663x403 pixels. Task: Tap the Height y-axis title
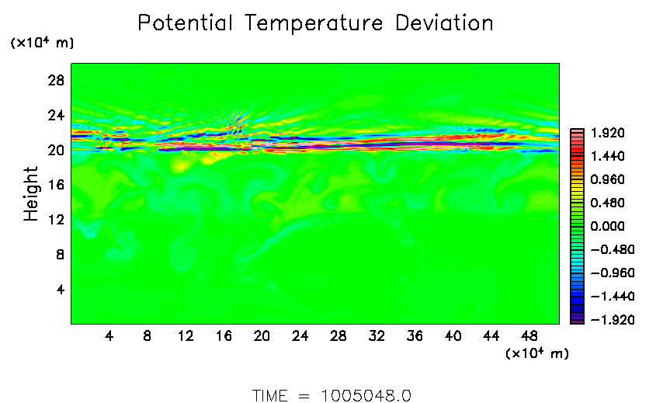coord(31,193)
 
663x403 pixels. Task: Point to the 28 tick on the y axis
coord(54,81)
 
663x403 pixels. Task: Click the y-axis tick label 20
coord(54,150)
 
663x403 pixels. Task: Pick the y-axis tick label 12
coord(54,220)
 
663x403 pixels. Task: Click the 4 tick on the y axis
coord(58,290)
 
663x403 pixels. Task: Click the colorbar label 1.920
coord(608,133)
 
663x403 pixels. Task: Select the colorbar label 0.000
coord(608,226)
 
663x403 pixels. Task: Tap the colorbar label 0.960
coord(608,179)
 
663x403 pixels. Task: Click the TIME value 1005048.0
coord(366,395)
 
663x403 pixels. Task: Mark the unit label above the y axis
coord(42,43)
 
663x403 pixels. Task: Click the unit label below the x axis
coord(536,354)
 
